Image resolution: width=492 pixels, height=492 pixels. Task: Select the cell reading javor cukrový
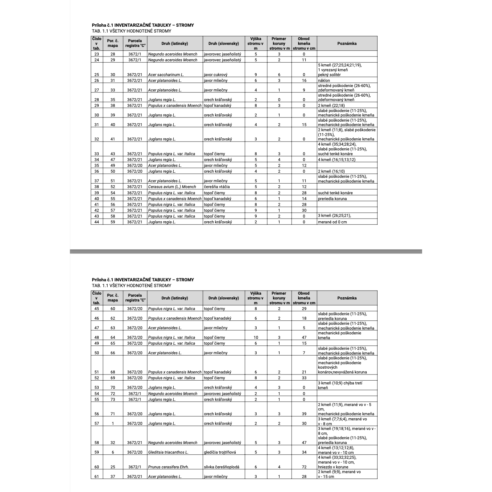pyautogui.click(x=216, y=75)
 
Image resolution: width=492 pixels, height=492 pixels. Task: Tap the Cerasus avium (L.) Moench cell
pyautogui.click(x=172, y=187)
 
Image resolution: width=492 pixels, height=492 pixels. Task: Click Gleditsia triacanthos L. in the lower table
pyautogui.click(x=168, y=452)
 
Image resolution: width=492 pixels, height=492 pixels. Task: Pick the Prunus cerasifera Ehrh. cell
pyautogui.click(x=168, y=467)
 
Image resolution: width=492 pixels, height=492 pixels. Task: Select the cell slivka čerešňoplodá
pyautogui.click(x=222, y=467)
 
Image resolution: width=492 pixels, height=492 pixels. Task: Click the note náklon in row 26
pyautogui.click(x=324, y=81)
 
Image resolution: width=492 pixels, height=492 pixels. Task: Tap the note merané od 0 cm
pyautogui.click(x=332, y=222)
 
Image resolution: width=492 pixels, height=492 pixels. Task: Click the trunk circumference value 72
pyautogui.click(x=304, y=467)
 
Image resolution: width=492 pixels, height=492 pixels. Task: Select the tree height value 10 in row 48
pyautogui.click(x=256, y=337)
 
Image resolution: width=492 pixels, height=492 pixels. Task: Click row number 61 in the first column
pyautogui.click(x=97, y=477)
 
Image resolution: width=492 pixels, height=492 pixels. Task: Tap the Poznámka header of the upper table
pyautogui.click(x=347, y=44)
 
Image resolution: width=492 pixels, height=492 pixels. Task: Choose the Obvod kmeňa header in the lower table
pyautogui.click(x=304, y=298)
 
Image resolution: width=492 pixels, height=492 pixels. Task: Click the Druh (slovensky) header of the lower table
pyautogui.click(x=223, y=298)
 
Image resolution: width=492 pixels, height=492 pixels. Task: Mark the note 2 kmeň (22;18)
pyautogui.click(x=331, y=106)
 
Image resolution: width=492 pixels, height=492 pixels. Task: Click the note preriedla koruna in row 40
pyautogui.click(x=332, y=199)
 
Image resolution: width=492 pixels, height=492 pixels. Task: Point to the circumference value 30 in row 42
pyautogui.click(x=304, y=210)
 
